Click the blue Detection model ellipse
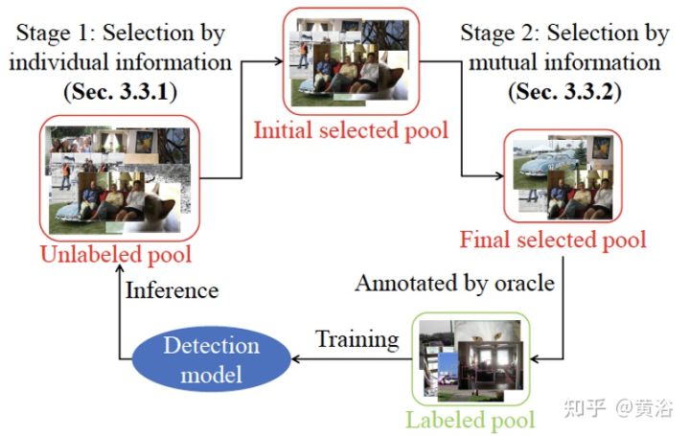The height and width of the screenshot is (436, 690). click(x=211, y=359)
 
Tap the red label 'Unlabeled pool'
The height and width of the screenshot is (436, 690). click(x=116, y=254)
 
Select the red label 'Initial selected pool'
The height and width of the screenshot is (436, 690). click(x=351, y=130)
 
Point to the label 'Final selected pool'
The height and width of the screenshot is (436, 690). click(x=553, y=241)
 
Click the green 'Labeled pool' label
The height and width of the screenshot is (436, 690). click(x=470, y=420)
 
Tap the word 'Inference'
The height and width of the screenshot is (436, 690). click(x=172, y=290)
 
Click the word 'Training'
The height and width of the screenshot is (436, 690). click(x=357, y=339)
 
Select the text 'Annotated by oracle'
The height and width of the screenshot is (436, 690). click(x=455, y=283)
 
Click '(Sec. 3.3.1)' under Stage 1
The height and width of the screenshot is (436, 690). click(x=120, y=91)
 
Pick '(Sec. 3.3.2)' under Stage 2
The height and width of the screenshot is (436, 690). click(x=564, y=91)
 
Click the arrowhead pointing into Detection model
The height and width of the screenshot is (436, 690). click(x=296, y=359)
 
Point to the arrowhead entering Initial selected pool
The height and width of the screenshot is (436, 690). click(x=279, y=61)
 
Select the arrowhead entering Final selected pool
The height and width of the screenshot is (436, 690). click(x=499, y=176)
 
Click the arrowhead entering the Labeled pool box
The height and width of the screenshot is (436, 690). click(x=535, y=359)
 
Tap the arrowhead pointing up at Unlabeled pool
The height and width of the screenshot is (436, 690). click(x=119, y=269)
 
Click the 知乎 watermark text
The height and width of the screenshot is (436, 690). click(x=585, y=408)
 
